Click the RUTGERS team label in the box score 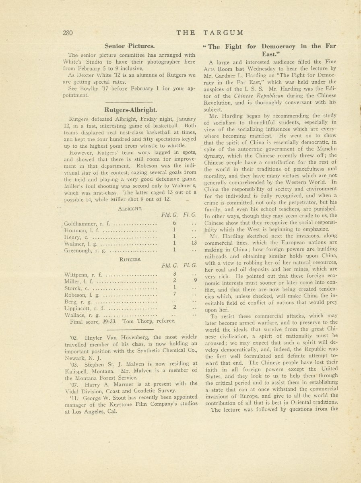(130, 260)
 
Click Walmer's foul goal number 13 (194, 243)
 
